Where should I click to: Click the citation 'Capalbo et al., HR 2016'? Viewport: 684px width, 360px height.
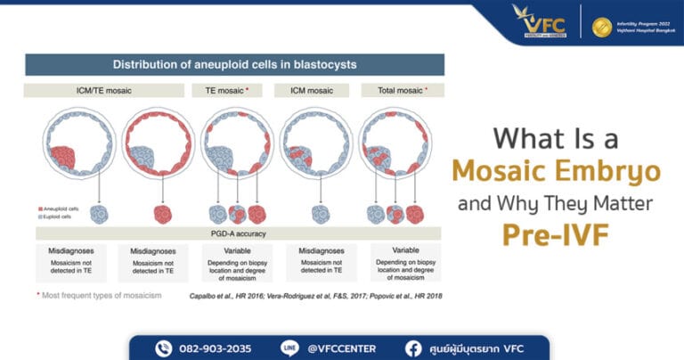click(229, 295)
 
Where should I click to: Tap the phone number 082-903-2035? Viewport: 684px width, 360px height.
click(215, 348)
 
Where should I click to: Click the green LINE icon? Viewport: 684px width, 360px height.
click(289, 348)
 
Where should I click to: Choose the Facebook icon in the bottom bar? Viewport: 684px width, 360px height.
click(414, 348)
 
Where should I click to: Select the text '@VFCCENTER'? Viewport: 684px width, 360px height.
click(341, 348)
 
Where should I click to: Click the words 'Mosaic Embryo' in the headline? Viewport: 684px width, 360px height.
click(554, 172)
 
